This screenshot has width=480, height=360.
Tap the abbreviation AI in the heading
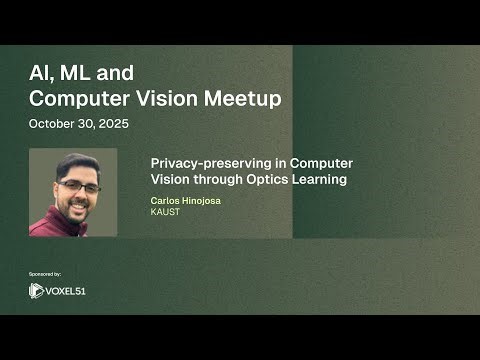pos(41,73)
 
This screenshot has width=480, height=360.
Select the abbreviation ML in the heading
pos(78,73)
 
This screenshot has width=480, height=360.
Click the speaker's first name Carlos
pos(165,201)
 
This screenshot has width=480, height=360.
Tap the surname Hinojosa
pos(203,201)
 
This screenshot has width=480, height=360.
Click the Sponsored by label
pos(45,273)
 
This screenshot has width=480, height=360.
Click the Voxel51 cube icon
pos(37,291)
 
